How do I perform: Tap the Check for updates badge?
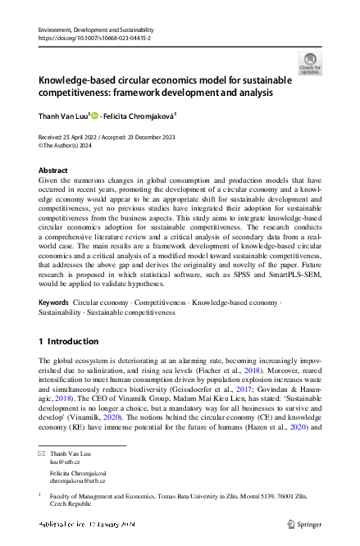pyautogui.click(x=310, y=63)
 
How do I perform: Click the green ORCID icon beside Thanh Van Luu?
pyautogui.click(x=94, y=116)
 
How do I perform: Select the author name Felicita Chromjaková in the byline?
pyautogui.click(x=138, y=116)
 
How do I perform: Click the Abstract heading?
pyautogui.click(x=53, y=170)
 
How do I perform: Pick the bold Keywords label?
pyautogui.click(x=54, y=303)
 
